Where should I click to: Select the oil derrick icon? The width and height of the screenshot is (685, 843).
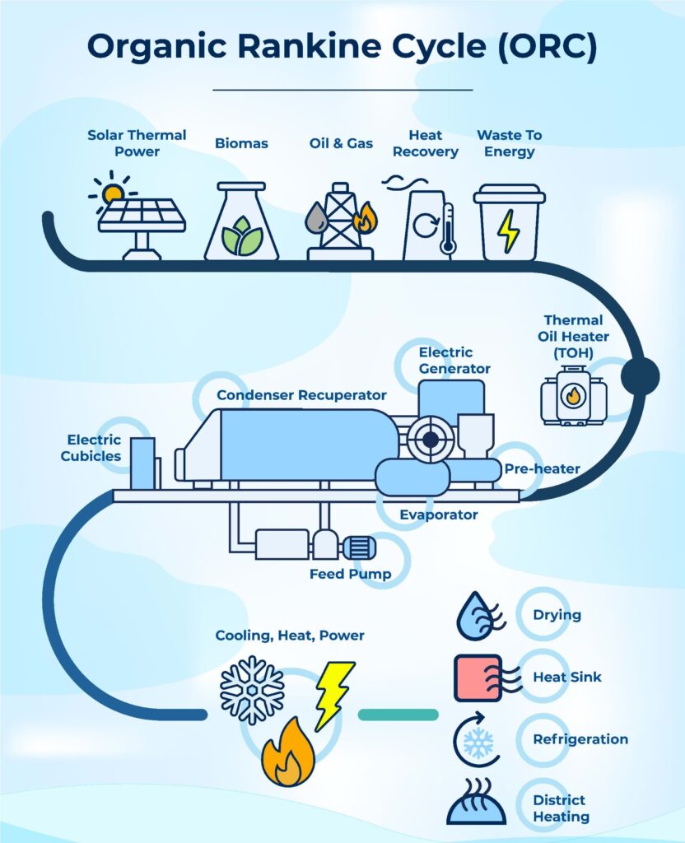339,221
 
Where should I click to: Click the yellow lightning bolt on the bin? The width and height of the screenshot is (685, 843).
509,230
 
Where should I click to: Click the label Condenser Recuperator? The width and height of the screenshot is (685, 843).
301,396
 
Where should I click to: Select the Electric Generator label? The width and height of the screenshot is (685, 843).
454,361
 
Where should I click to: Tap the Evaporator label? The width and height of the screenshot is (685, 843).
438,515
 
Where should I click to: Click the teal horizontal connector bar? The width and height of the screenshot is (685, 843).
398,715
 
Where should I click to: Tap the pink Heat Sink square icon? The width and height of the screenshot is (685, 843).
478,678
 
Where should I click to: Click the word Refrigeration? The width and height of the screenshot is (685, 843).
580,739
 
